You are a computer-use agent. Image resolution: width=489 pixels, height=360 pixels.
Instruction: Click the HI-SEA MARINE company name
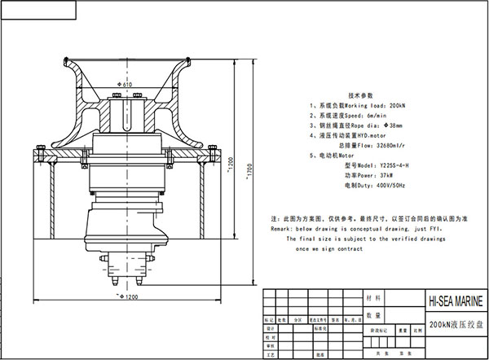click(x=452, y=301)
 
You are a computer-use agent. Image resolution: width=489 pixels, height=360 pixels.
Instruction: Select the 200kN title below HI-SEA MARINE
click(x=451, y=323)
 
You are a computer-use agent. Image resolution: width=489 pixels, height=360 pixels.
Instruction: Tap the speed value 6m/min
click(x=375, y=116)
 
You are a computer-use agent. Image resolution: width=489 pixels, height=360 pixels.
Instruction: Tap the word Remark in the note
click(x=281, y=230)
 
